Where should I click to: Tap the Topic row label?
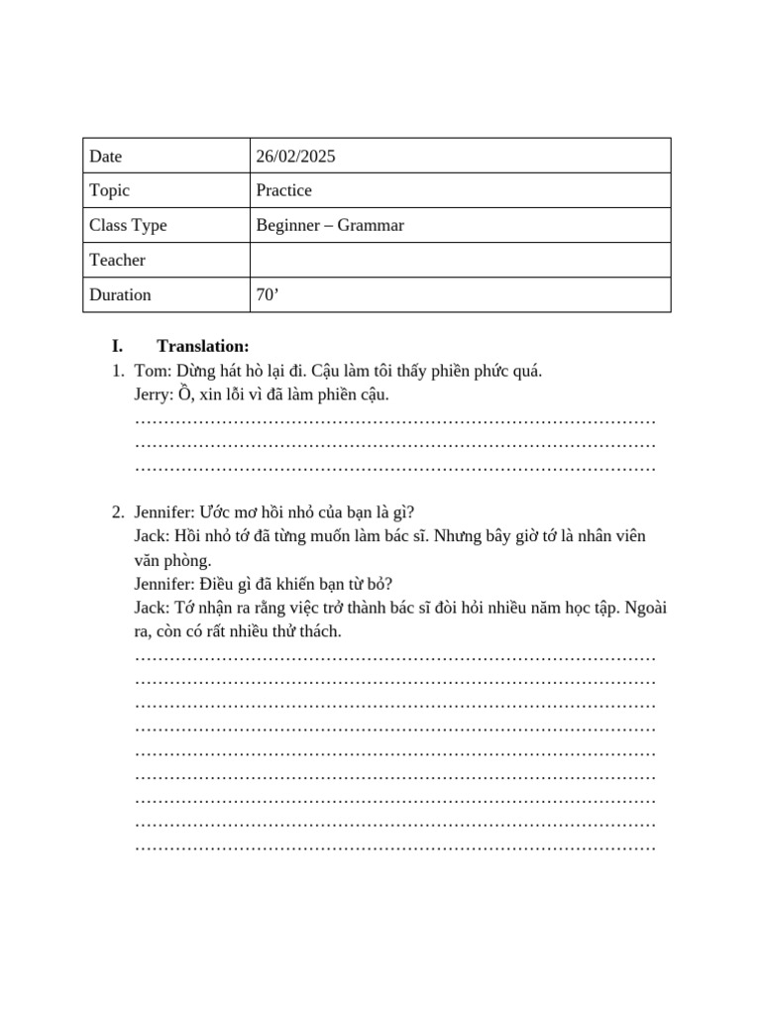tap(109, 190)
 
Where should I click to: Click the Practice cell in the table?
tap(283, 190)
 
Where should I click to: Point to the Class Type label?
tap(128, 225)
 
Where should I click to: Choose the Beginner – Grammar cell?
tap(330, 225)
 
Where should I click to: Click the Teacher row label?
tap(117, 260)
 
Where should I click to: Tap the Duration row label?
tap(120, 294)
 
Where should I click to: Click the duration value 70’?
tap(268, 294)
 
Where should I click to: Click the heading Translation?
tap(202, 346)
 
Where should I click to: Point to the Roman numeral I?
tap(117, 346)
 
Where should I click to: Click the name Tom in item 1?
tap(150, 371)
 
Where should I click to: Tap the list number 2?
tap(117, 512)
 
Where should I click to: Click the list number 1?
tap(117, 371)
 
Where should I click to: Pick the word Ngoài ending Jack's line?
tap(645, 608)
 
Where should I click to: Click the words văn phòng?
tap(172, 560)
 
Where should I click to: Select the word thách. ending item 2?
tap(318, 631)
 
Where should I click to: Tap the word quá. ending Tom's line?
tap(525, 371)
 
